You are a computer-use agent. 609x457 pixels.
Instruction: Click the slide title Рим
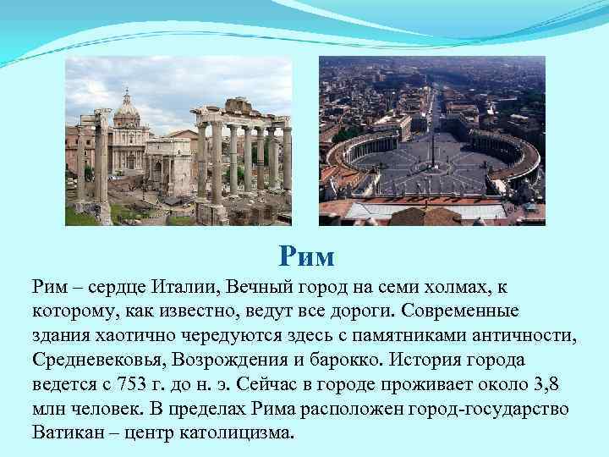pyautogui.click(x=306, y=255)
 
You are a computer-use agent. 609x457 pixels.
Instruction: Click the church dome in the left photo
pyautogui.click(x=127, y=106)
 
